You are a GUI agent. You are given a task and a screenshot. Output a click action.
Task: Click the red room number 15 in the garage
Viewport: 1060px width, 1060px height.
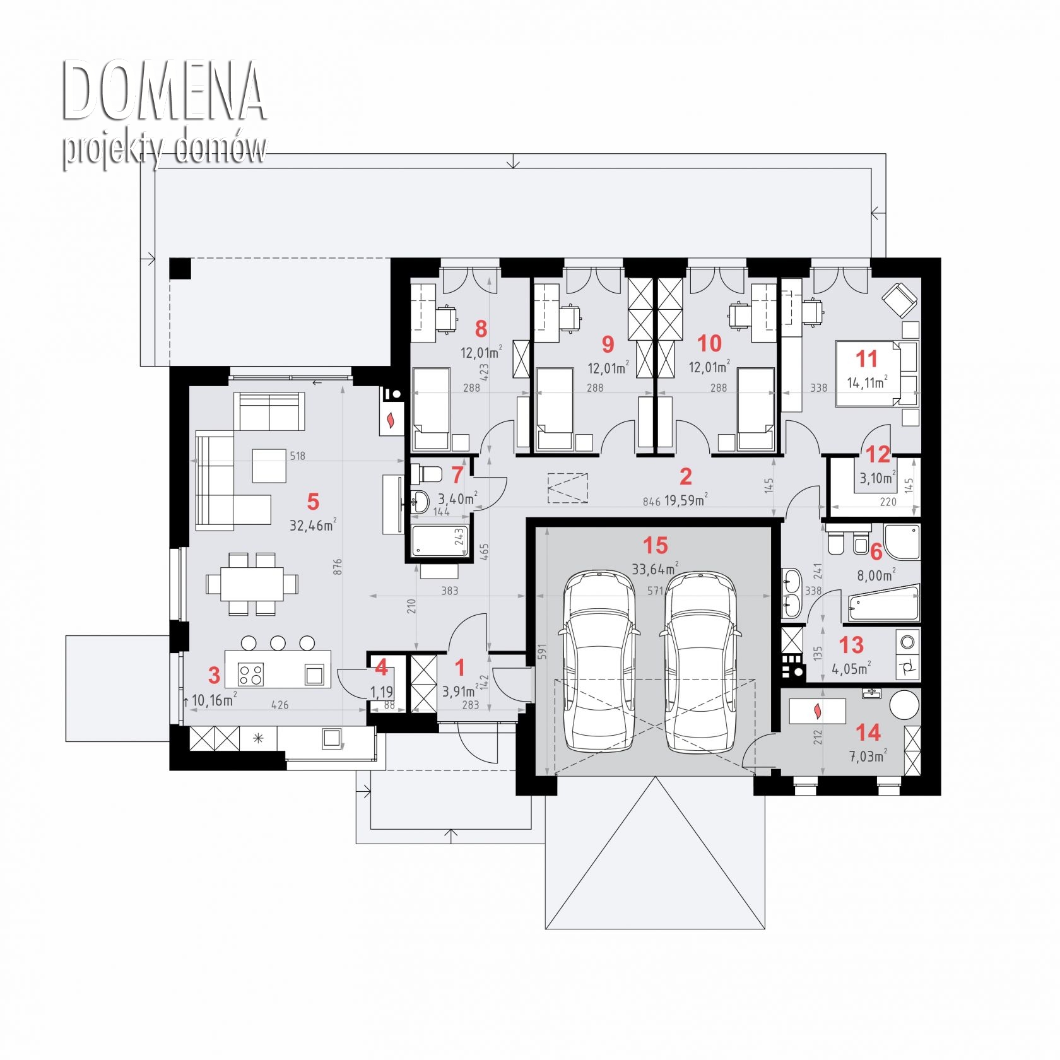point(655,545)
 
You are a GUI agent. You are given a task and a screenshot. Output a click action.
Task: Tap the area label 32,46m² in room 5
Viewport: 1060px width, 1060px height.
point(313,525)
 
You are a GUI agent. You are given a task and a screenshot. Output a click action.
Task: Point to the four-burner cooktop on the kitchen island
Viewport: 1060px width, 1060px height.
point(250,674)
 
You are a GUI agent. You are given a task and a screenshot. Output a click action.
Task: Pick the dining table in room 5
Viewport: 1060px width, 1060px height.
point(252,584)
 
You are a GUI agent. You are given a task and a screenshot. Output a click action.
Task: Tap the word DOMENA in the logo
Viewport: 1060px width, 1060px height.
point(163,91)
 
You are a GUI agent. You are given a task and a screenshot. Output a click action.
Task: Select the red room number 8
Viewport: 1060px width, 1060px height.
point(481,328)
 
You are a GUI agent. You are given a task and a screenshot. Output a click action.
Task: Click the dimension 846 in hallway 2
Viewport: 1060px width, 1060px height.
point(652,502)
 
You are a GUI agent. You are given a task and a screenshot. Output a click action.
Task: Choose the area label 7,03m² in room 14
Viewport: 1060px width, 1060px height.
point(868,755)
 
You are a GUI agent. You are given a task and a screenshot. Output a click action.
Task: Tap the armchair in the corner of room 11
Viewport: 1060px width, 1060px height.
point(900,299)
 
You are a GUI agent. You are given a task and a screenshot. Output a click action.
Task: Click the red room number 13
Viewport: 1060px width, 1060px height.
point(851,645)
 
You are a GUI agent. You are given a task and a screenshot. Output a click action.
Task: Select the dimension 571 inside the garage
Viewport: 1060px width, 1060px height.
point(656,591)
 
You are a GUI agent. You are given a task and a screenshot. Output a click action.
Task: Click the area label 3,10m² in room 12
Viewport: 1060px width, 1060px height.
point(878,478)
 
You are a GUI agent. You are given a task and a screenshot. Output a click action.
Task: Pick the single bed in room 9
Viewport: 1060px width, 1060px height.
point(555,409)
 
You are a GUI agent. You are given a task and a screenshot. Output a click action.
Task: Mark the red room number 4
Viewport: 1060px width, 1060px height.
point(381,666)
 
